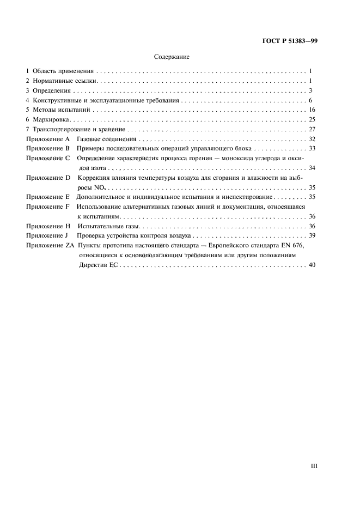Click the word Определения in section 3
(x=52, y=91)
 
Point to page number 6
(x=310, y=101)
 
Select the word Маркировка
(x=52, y=120)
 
